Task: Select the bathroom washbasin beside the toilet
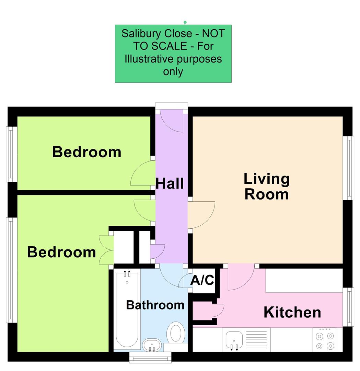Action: tap(152, 345)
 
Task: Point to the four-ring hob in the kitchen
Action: tap(325, 340)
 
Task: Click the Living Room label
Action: tap(267, 187)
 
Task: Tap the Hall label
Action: tap(170, 183)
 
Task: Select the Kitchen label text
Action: tap(292, 312)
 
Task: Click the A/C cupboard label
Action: tap(202, 280)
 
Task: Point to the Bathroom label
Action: tap(155, 305)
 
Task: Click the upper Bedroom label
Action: tap(87, 152)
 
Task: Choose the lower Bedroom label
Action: tap(62, 252)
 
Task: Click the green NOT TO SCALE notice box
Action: tap(173, 53)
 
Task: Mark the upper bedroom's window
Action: tap(11, 154)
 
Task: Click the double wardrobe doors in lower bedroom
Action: tap(106, 250)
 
